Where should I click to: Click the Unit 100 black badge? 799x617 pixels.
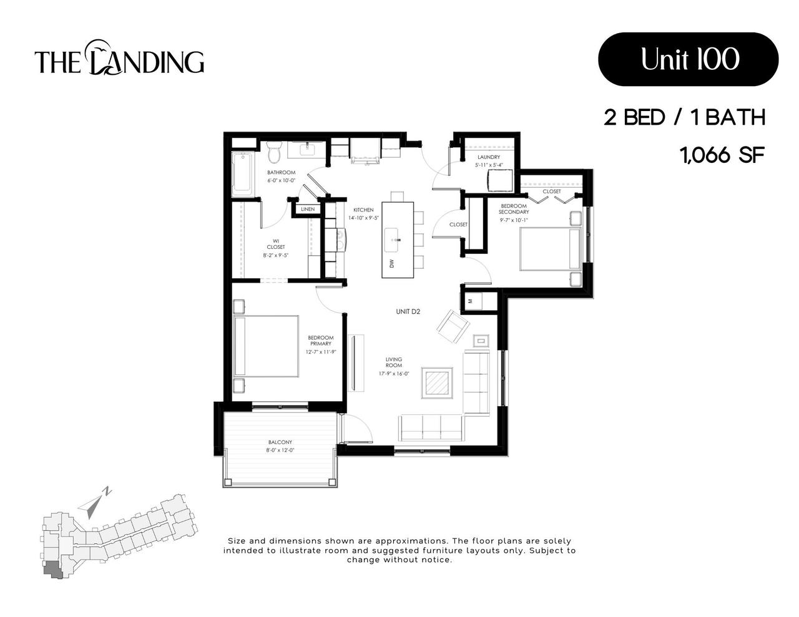(x=688, y=59)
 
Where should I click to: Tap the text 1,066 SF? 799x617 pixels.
(x=722, y=155)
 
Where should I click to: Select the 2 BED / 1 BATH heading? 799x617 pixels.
(x=684, y=117)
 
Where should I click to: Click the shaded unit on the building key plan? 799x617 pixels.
(x=52, y=569)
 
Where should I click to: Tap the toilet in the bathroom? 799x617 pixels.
(x=273, y=152)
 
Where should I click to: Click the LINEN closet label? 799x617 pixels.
(x=308, y=209)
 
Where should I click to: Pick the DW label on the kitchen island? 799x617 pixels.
(x=392, y=264)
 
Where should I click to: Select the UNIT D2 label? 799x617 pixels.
(x=408, y=311)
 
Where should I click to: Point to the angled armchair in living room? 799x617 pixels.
(x=453, y=326)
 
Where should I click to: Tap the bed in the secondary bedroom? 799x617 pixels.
(x=549, y=249)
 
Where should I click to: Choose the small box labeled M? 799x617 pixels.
(x=470, y=301)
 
